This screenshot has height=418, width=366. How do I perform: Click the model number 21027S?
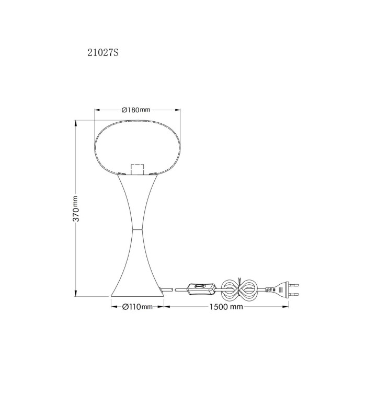102,53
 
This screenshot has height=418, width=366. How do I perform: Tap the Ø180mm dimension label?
136,110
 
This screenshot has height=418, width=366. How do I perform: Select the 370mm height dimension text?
76,208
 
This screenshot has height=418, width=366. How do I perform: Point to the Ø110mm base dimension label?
138,307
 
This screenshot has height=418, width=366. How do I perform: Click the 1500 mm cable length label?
226,307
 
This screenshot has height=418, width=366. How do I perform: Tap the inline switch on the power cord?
201,289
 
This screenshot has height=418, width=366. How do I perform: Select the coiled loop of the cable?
239,289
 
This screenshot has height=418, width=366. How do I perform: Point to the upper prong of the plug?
294,285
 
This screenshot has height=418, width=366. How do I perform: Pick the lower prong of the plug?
294,294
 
